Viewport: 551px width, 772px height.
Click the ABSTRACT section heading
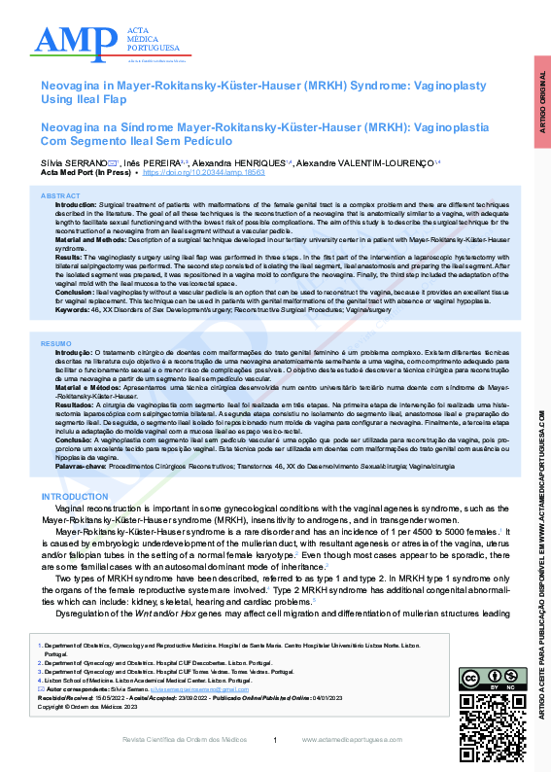coord(61,196)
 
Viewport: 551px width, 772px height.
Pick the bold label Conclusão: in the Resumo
coord(75,439)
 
